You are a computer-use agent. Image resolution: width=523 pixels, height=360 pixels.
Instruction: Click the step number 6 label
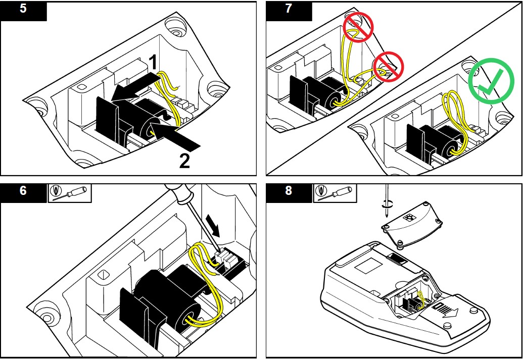click(x=23, y=192)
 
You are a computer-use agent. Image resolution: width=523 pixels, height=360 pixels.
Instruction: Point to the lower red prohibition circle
click(x=388, y=68)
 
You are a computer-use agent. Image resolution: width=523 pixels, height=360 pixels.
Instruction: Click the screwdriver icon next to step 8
click(x=335, y=192)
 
